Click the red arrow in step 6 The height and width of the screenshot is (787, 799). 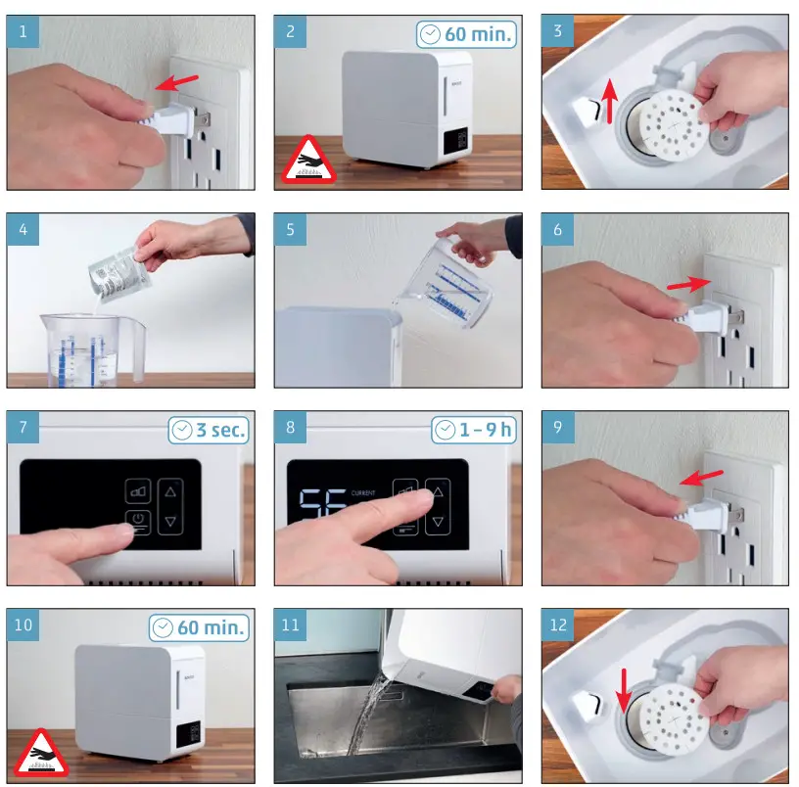pos(689,283)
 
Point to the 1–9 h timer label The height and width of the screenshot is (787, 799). pos(474,430)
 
